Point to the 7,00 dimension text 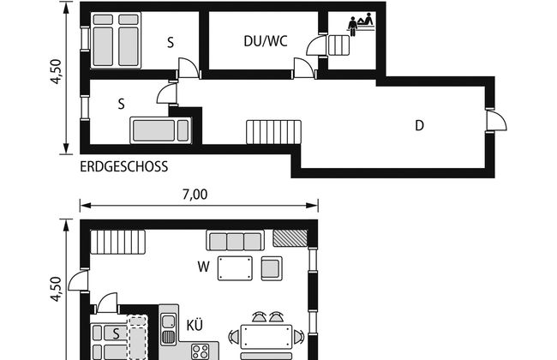coord(195,194)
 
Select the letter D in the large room coord(420,125)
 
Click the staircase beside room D coord(274,132)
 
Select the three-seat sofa coord(234,241)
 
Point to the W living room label coord(203,267)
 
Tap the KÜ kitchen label coord(195,326)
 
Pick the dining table coord(266,335)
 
